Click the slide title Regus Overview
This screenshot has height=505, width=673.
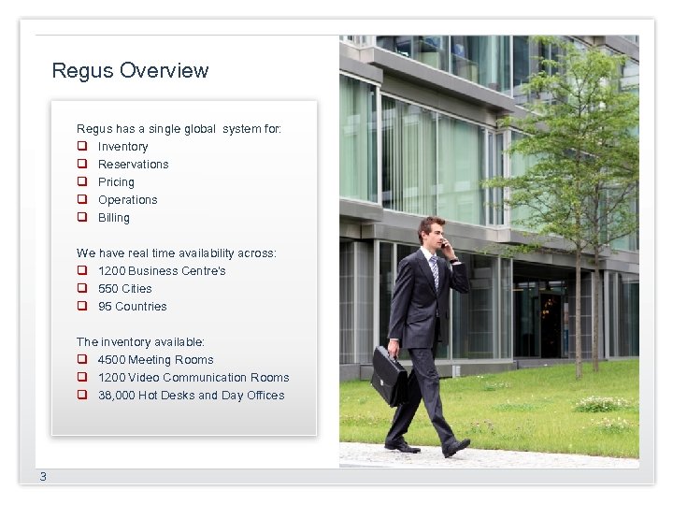tap(130, 70)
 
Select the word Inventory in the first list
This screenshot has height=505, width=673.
tap(122, 147)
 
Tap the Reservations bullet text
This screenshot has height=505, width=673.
tap(133, 165)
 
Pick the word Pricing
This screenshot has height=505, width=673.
tap(116, 182)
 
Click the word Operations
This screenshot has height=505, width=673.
tap(127, 200)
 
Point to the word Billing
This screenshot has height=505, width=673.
tap(113, 218)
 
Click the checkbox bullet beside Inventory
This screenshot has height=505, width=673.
tap(82, 147)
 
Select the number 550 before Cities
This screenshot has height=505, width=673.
tap(107, 289)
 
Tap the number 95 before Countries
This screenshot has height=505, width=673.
tap(105, 307)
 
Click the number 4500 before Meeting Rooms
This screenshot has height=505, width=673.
tap(111, 360)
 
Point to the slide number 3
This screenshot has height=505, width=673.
tap(42, 477)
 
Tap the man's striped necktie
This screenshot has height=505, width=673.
tap(435, 273)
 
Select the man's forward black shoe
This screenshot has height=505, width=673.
tap(456, 447)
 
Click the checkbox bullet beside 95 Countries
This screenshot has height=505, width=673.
tap(82, 307)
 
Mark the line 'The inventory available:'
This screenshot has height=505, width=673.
tap(140, 342)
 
